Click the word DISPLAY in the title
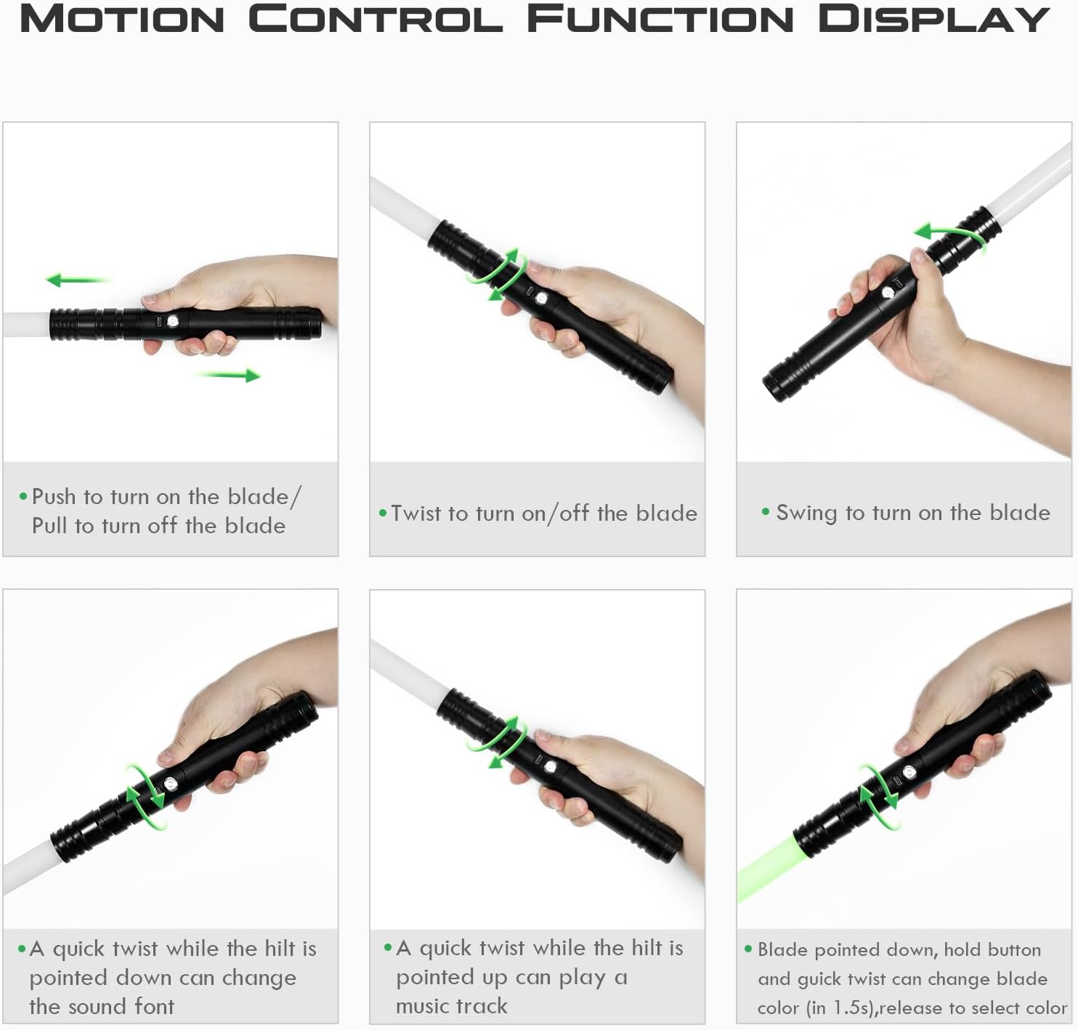point(934,20)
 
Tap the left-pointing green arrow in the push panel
point(77,280)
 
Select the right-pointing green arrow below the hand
point(229,375)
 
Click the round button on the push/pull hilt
point(173,321)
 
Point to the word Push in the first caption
point(54,497)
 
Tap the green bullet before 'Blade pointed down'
point(748,949)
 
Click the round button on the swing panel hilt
point(888,293)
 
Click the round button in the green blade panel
point(909,772)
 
